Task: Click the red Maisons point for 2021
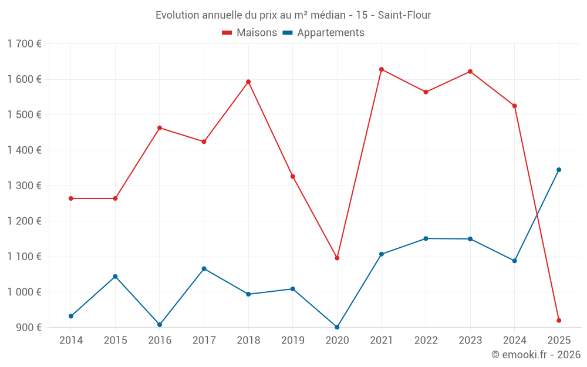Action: tap(382, 69)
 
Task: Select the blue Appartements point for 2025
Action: tap(559, 170)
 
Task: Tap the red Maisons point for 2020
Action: tap(337, 258)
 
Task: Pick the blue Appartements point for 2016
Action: tap(160, 325)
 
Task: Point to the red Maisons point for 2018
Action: tap(248, 82)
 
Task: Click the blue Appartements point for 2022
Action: tap(426, 238)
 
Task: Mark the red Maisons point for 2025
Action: tap(559, 321)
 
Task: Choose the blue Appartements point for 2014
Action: tap(71, 316)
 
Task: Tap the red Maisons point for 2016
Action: tap(160, 127)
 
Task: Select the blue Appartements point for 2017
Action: tap(204, 268)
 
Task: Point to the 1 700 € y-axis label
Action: tap(24, 43)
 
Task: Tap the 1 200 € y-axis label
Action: tap(24, 221)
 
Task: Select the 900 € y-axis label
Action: tap(29, 327)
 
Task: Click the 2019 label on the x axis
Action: tap(292, 340)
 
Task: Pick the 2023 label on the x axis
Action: tap(470, 340)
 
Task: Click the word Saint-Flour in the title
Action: tap(404, 15)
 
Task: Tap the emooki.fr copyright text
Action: tap(536, 355)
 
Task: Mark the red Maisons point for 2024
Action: tap(515, 106)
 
